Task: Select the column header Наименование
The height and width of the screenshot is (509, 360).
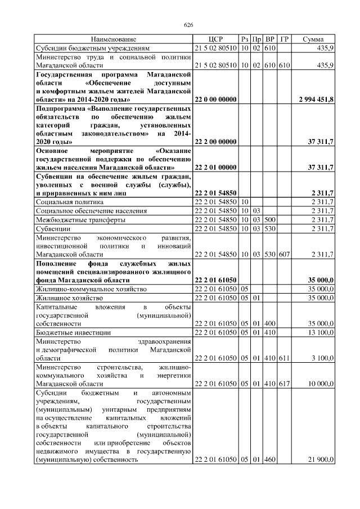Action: click(x=114, y=39)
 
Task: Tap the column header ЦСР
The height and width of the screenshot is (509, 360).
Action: click(x=215, y=39)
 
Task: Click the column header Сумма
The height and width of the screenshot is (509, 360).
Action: click(x=313, y=39)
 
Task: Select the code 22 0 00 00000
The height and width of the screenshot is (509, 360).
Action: click(x=215, y=99)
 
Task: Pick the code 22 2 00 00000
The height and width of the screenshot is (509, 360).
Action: click(x=215, y=142)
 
